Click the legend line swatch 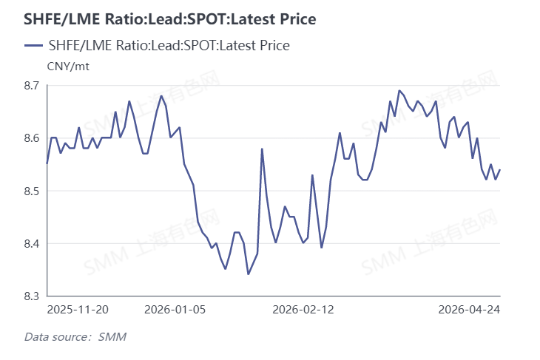click(x=33, y=46)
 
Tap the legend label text click(x=168, y=46)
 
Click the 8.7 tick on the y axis click(x=32, y=86)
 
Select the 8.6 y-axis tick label click(x=32, y=138)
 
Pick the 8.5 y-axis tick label click(x=32, y=191)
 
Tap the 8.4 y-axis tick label click(x=32, y=243)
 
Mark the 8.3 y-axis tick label click(x=32, y=296)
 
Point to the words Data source click(x=56, y=338)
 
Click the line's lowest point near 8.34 click(x=248, y=274)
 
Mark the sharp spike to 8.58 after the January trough click(x=262, y=149)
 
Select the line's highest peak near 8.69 click(x=399, y=91)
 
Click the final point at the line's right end click(x=500, y=170)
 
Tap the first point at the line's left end click(x=47, y=164)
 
